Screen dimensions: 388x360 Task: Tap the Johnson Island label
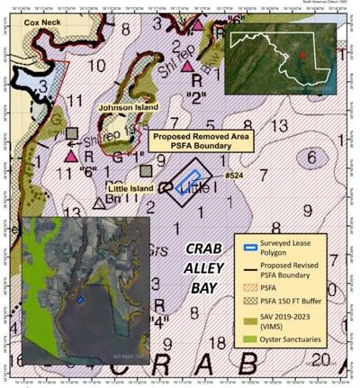pyautogui.click(x=121, y=106)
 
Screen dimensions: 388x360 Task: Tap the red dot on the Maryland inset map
pyautogui.click(x=304, y=55)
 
